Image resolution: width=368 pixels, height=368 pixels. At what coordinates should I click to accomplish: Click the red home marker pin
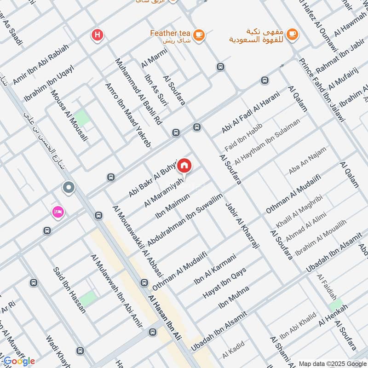coord(184,165)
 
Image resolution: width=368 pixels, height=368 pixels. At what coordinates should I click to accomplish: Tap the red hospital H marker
coord(97,34)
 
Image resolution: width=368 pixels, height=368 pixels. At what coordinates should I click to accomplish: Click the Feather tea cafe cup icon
coord(199,35)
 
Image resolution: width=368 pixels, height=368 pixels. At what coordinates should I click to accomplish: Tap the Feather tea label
coord(170,34)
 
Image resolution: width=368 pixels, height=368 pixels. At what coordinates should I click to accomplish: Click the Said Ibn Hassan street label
coord(69,290)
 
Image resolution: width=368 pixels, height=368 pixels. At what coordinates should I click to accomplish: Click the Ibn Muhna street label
coord(234,298)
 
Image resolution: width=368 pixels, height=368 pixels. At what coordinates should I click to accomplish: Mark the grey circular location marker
coord(69,188)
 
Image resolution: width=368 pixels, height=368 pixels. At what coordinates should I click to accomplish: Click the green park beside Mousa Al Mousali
coord(82,117)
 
